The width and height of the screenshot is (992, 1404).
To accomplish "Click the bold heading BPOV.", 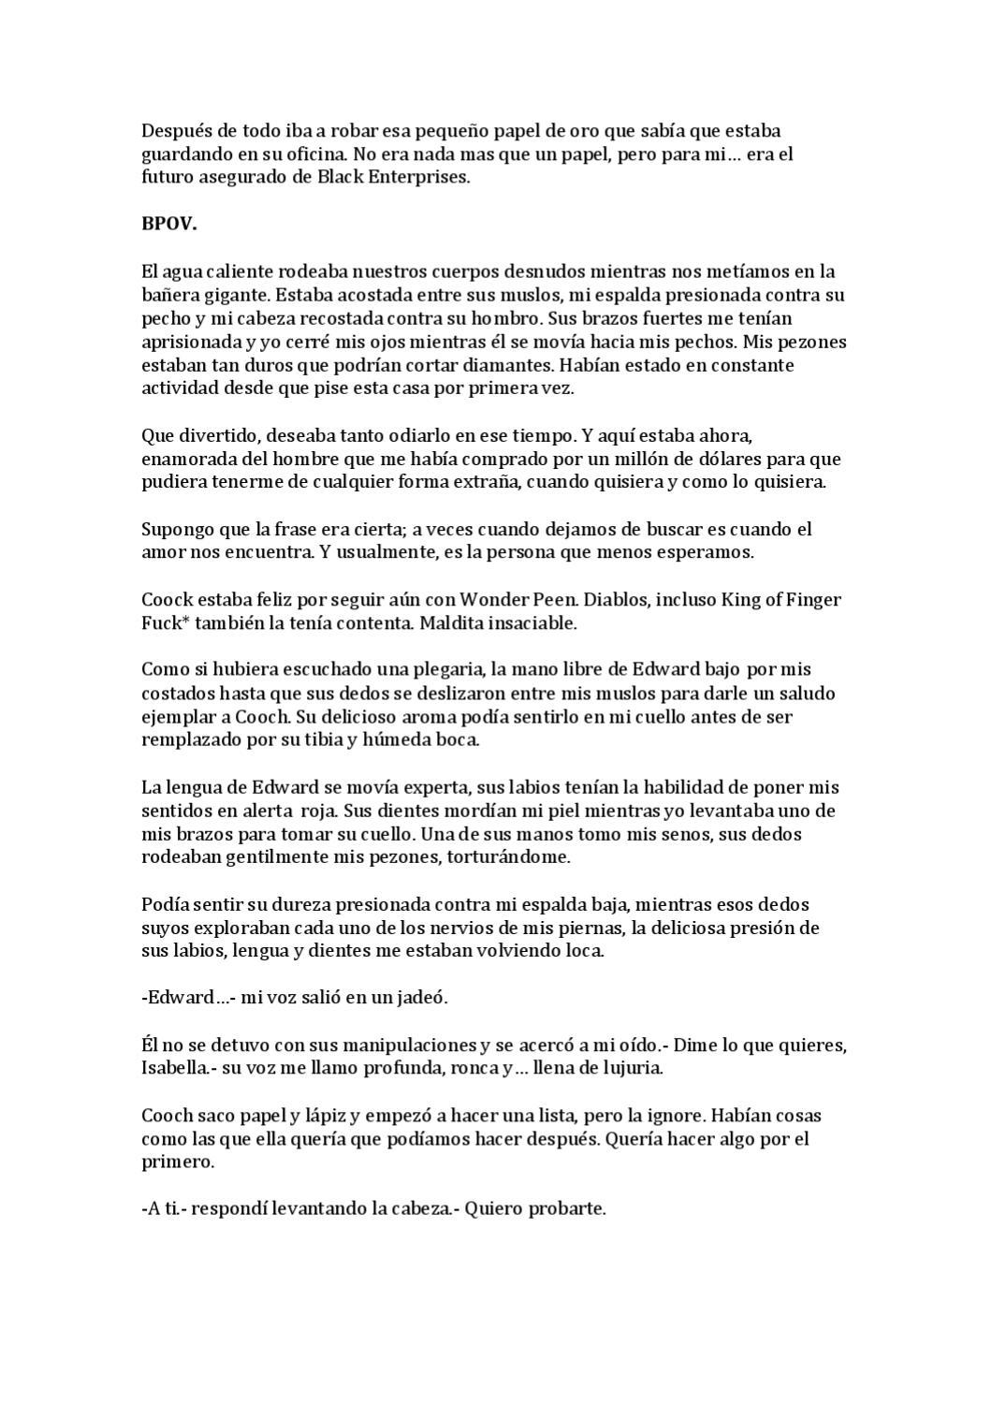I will [168, 224].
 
